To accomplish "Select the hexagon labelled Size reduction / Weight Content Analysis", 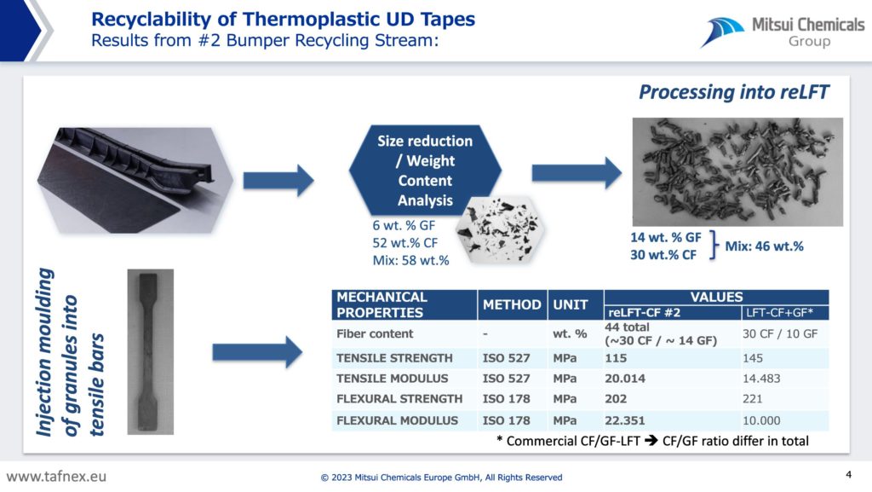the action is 425,171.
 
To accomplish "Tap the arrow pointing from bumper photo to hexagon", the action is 278,180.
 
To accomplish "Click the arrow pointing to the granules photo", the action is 577,173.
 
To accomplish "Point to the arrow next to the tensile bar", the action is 257,352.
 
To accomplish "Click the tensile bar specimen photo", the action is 150,352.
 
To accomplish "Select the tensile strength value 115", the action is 616,358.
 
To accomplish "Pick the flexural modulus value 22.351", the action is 625,420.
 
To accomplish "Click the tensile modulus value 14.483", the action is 761,379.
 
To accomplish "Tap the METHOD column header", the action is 512,305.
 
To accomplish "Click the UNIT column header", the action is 570,305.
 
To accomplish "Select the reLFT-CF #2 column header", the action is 644,313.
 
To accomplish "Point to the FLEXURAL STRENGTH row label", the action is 399,399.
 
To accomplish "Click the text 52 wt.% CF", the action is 404,243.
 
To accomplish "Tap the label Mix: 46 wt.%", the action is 764,246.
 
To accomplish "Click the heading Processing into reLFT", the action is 733,92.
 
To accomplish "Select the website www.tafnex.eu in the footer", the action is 56,477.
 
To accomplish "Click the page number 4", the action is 849,475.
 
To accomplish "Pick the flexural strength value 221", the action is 753,399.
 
